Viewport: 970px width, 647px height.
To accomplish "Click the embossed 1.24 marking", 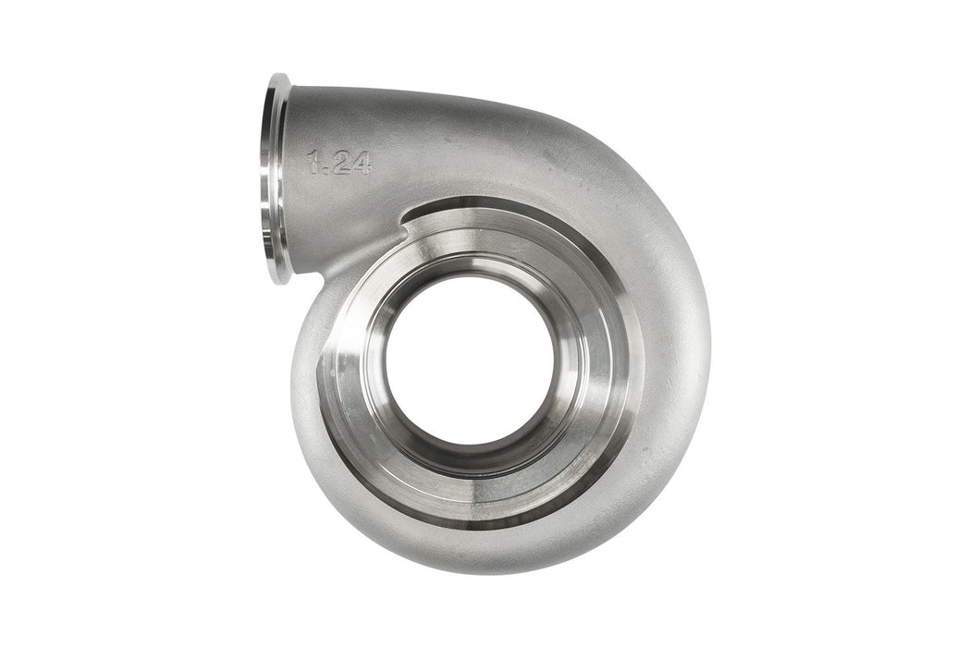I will (339, 164).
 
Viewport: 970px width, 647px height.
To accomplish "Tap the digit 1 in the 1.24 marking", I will (314, 164).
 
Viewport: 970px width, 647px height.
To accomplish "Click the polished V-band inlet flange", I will (275, 178).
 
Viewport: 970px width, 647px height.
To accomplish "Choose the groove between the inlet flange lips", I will (269, 178).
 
